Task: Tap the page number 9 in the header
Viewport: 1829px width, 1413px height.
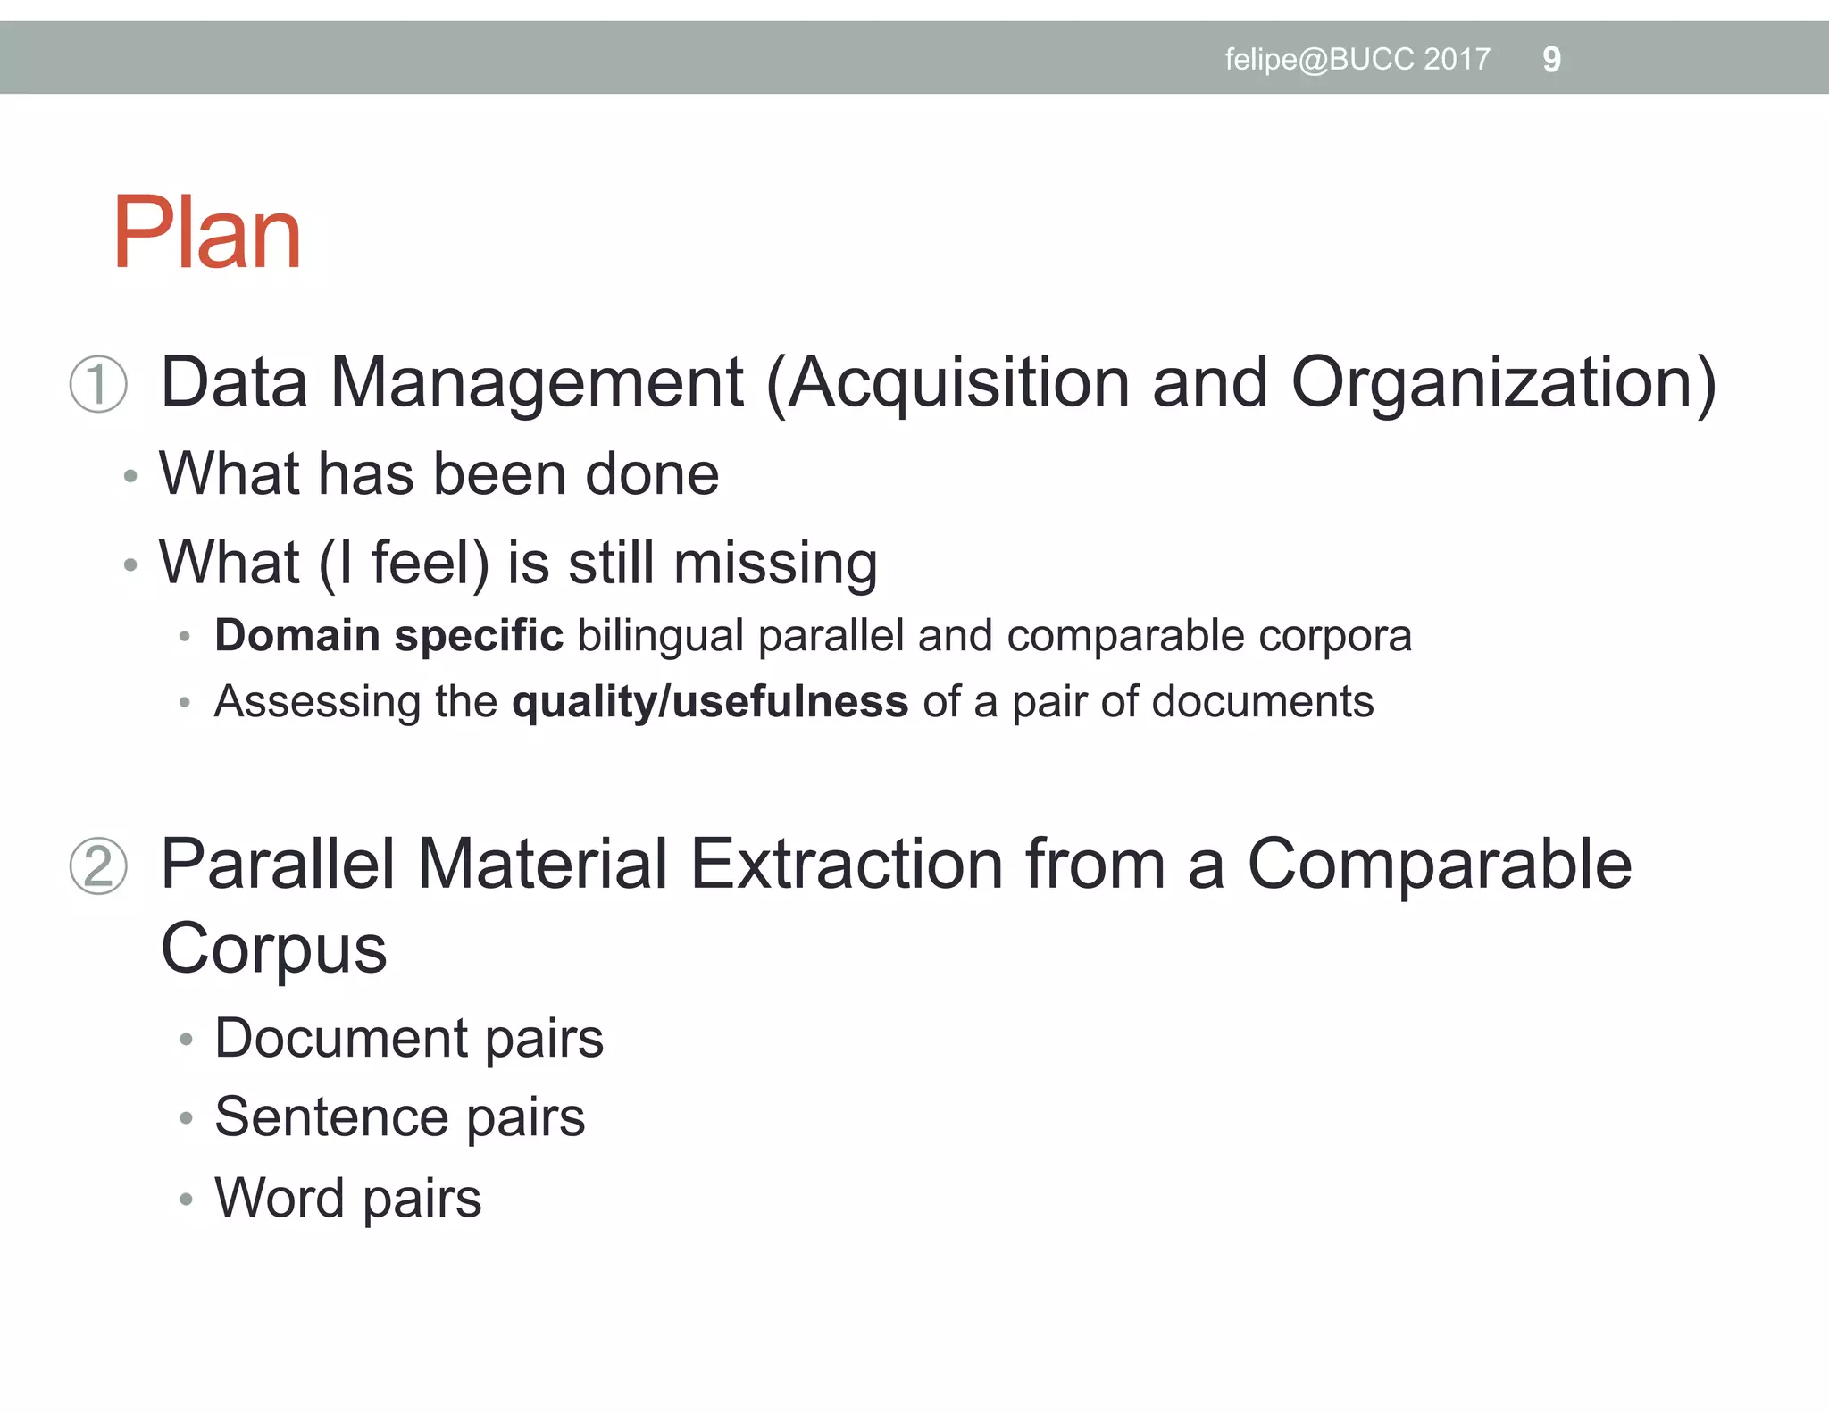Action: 1551,60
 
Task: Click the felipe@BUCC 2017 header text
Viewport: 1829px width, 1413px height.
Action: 1357,60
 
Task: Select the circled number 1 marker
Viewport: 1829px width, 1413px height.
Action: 98,384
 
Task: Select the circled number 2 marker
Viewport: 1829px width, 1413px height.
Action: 98,865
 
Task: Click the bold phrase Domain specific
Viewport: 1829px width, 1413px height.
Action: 388,636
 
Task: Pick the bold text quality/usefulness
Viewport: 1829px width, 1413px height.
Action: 710,702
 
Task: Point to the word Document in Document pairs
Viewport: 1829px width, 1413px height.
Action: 341,1039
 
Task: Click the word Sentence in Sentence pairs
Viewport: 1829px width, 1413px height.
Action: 331,1117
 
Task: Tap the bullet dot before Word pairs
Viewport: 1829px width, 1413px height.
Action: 186,1199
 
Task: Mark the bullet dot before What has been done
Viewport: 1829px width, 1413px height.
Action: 131,476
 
